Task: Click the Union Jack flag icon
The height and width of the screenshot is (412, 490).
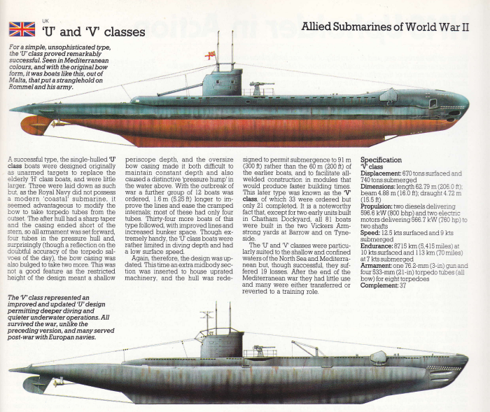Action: point(21,29)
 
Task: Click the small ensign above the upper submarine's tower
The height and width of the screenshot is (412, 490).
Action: point(208,55)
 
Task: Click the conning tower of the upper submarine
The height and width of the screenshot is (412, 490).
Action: point(221,83)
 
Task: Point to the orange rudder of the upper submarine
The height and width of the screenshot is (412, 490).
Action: point(35,125)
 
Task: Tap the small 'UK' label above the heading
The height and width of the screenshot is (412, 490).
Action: point(46,20)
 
